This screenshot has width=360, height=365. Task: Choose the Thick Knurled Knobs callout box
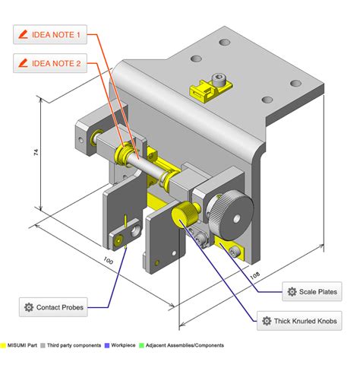pyautogui.click(x=300, y=322)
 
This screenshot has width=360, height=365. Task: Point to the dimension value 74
pyautogui.click(x=36, y=151)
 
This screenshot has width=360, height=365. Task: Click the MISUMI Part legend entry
pyautogui.click(x=23, y=346)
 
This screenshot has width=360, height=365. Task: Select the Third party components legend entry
pyautogui.click(x=74, y=346)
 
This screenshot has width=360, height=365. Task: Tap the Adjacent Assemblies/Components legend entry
pyautogui.click(x=181, y=346)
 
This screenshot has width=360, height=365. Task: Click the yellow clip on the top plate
pyautogui.click(x=207, y=90)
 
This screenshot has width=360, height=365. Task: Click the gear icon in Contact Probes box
pyautogui.click(x=29, y=307)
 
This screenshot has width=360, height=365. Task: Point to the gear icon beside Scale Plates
pyautogui.click(x=292, y=291)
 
